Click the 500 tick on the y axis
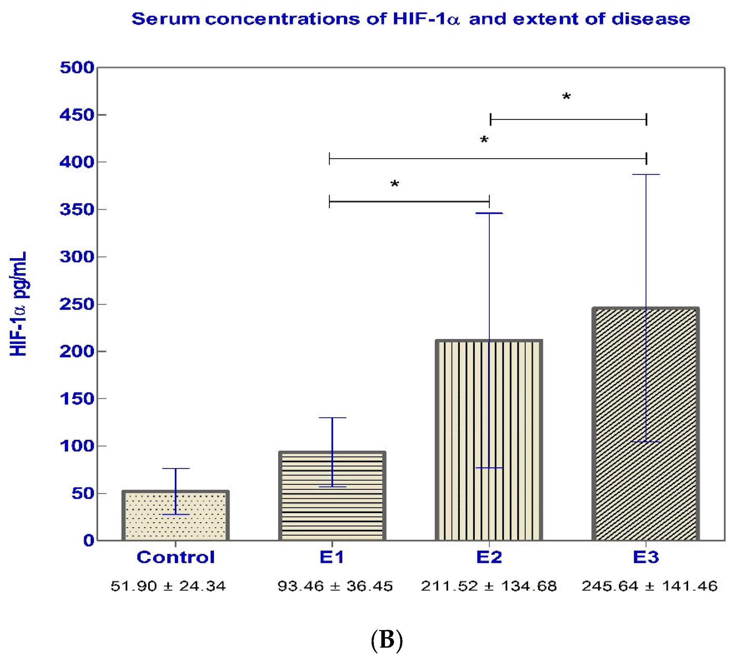(77, 68)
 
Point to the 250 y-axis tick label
(77, 304)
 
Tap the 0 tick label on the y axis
(89, 541)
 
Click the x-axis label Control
(176, 557)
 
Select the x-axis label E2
(488, 557)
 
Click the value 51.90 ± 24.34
(168, 586)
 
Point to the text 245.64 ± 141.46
(649, 586)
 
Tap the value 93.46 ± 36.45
(335, 586)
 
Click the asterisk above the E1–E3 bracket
(484, 140)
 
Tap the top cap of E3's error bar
(646, 175)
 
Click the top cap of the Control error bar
(176, 469)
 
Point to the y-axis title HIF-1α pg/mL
(18, 303)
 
